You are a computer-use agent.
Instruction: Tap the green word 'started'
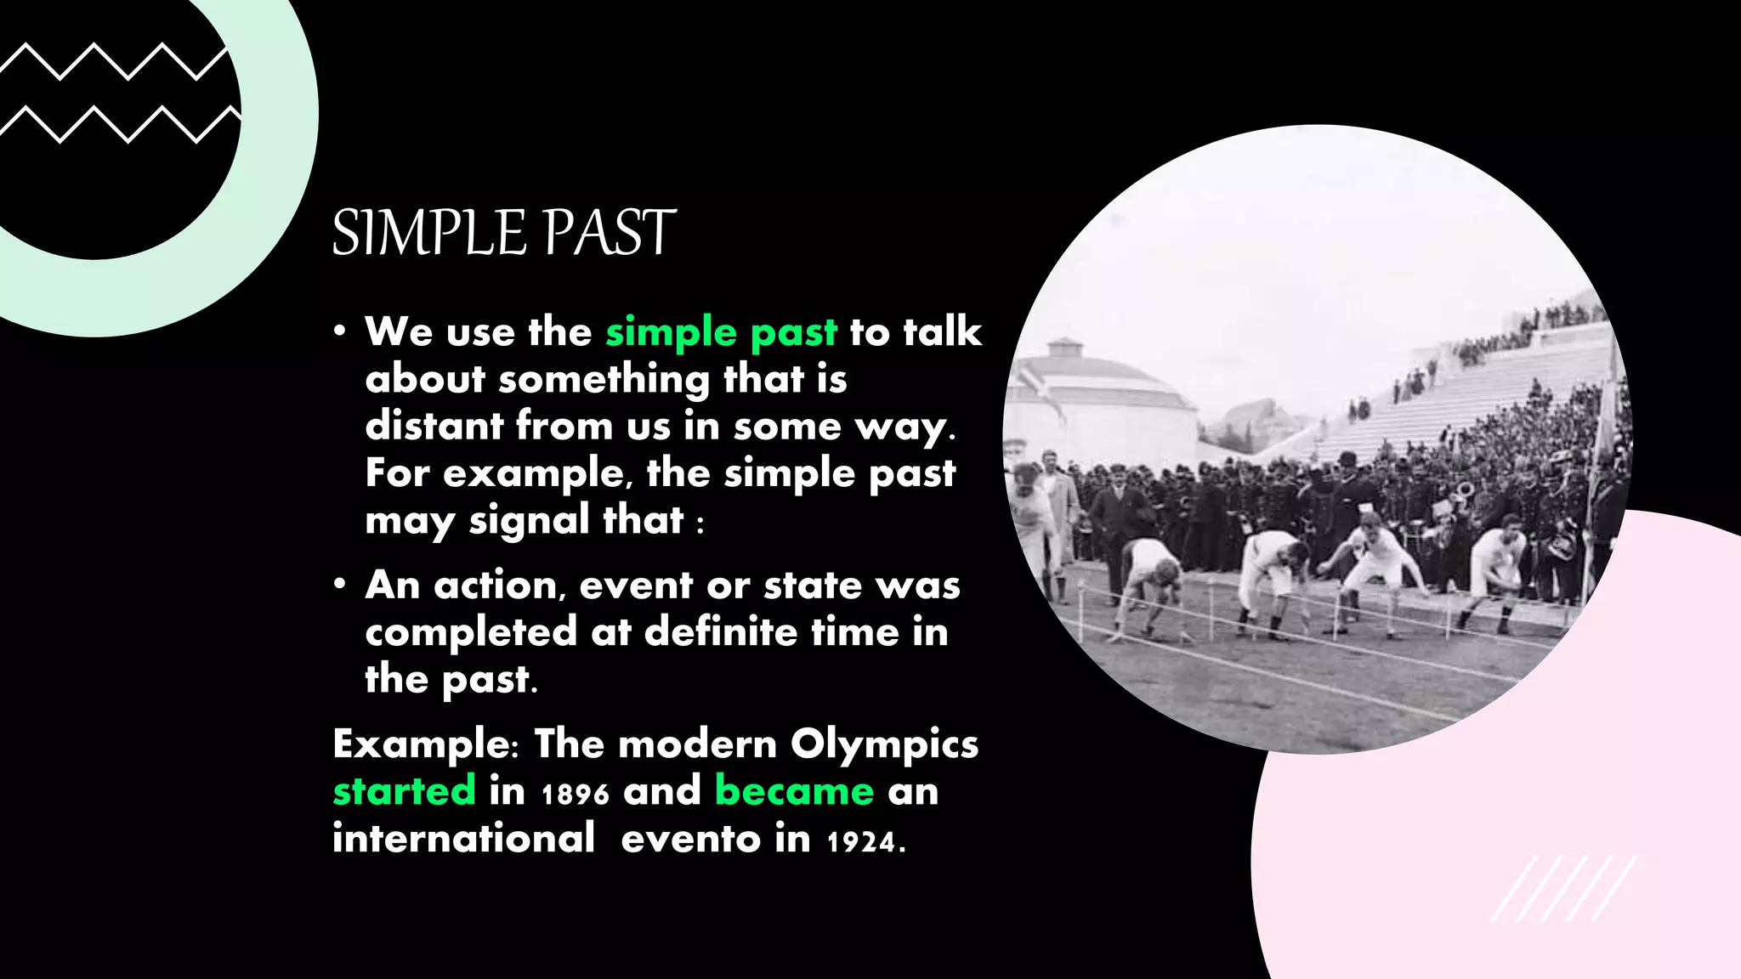click(404, 791)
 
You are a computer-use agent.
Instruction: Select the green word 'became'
click(794, 791)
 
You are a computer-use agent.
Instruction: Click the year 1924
click(861, 842)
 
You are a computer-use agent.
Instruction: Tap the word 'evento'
click(690, 840)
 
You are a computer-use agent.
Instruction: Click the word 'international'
click(463, 838)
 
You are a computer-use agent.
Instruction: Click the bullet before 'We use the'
click(339, 331)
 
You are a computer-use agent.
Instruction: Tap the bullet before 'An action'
click(339, 585)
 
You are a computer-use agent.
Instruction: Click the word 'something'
click(604, 380)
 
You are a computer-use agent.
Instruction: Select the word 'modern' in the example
click(697, 744)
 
